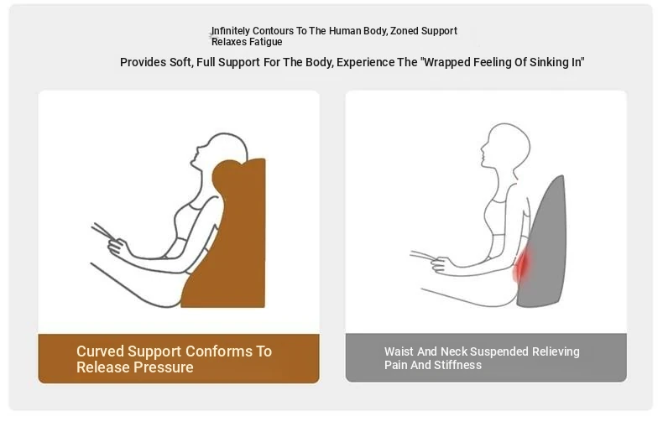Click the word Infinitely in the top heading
pos(231,31)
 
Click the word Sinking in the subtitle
pos(549,63)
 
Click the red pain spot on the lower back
pos(522,265)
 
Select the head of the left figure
pos(219,150)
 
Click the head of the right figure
pos(505,143)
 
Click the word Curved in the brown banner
pos(100,351)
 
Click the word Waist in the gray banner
pos(399,351)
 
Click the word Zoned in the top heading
pos(405,31)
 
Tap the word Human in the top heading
pos(343,31)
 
